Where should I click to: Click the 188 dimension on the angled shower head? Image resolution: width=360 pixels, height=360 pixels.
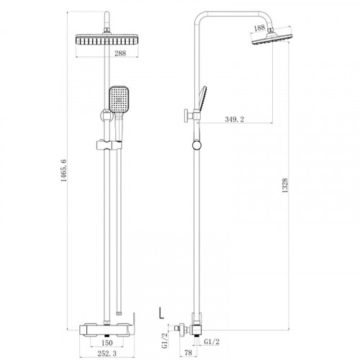258,30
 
